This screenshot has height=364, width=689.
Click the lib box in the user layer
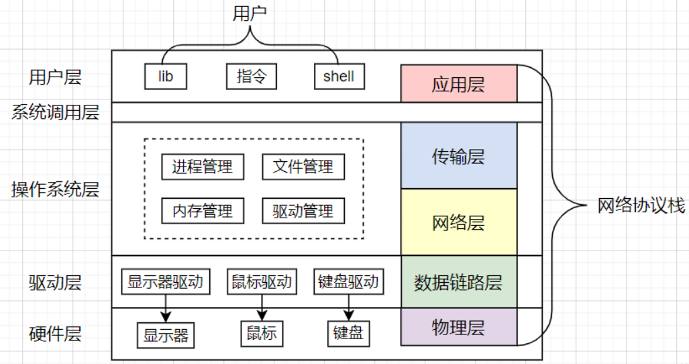click(x=166, y=77)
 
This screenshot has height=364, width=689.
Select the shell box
click(x=339, y=77)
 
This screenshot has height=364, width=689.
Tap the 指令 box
click(x=252, y=77)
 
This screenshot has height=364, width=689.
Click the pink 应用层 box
click(x=459, y=83)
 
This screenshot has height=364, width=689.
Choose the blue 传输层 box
click(x=459, y=156)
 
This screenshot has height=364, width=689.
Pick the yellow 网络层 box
click(x=459, y=222)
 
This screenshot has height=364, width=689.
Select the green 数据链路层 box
click(x=459, y=282)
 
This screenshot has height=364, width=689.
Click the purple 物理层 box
click(x=459, y=326)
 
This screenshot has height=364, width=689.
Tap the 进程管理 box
click(x=203, y=167)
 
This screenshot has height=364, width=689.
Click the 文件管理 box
click(x=303, y=167)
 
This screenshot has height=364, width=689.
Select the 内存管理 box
click(x=203, y=211)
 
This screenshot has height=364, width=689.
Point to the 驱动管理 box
click(x=303, y=211)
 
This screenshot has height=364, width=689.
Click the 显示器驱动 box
click(x=166, y=282)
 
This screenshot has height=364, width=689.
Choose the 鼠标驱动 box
click(x=262, y=282)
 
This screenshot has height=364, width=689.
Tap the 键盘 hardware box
click(x=348, y=334)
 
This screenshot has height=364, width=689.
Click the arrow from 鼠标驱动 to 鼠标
click(x=262, y=308)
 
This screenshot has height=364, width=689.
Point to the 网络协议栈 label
click(x=641, y=206)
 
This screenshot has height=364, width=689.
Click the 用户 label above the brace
click(x=250, y=13)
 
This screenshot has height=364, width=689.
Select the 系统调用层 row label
click(x=56, y=112)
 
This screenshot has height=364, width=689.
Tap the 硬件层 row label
click(x=56, y=334)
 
